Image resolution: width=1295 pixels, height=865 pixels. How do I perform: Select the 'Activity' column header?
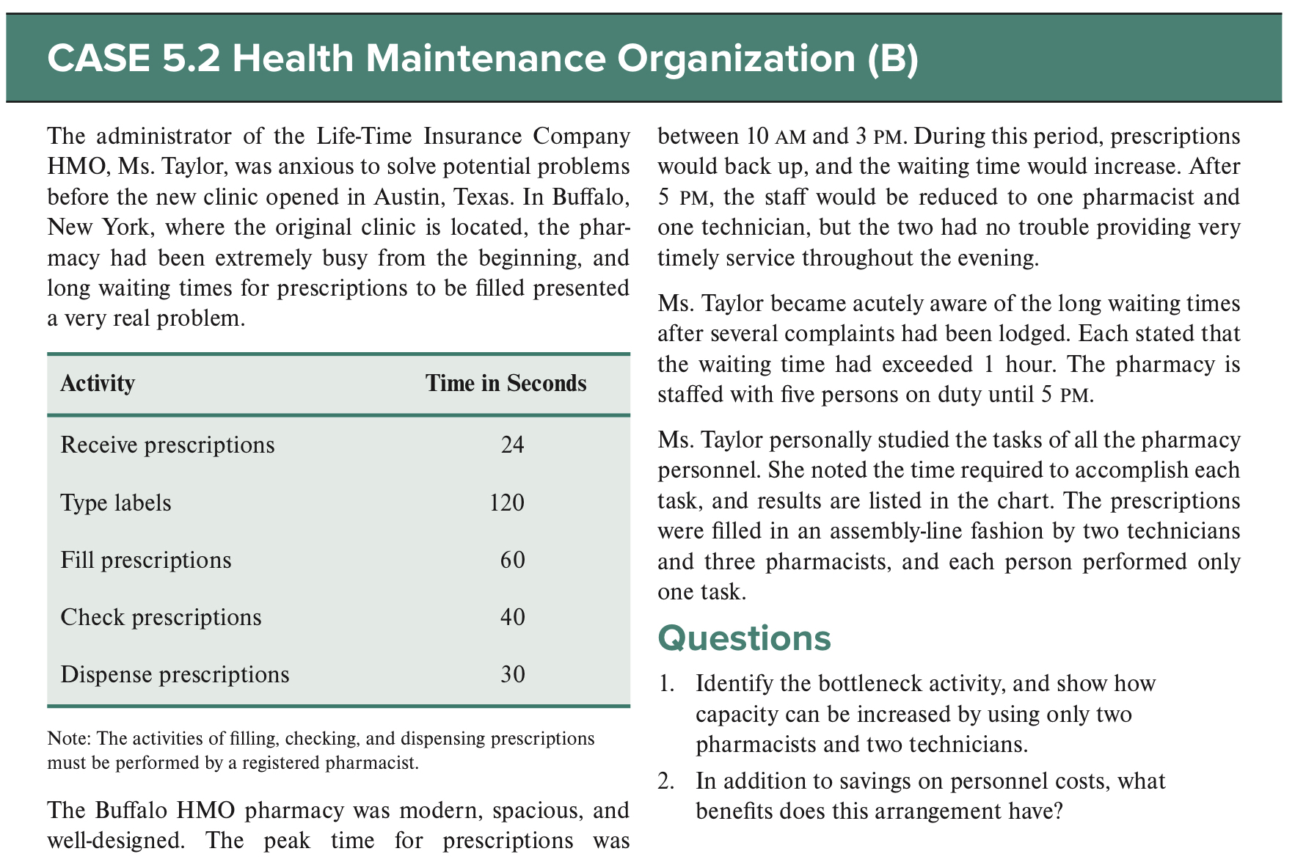tap(98, 384)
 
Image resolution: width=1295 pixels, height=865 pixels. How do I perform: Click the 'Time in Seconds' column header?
tap(506, 384)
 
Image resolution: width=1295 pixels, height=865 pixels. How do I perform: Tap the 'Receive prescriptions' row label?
tap(167, 445)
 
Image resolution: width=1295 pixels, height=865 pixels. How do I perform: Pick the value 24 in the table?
tap(512, 445)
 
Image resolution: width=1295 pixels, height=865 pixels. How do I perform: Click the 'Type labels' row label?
tap(116, 503)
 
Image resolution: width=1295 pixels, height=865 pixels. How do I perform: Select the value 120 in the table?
tap(507, 503)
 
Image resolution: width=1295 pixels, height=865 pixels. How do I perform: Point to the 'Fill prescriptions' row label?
tap(145, 561)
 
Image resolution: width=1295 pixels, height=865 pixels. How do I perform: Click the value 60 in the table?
tap(512, 561)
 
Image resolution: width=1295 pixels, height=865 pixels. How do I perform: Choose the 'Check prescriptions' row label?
tap(161, 617)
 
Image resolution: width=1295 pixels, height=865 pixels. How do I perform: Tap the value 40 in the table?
tap(512, 617)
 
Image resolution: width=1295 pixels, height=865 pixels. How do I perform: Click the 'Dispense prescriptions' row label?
tap(175, 674)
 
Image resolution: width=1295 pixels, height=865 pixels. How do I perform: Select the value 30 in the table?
tap(512, 674)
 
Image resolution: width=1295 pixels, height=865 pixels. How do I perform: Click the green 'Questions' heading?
tap(744, 638)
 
